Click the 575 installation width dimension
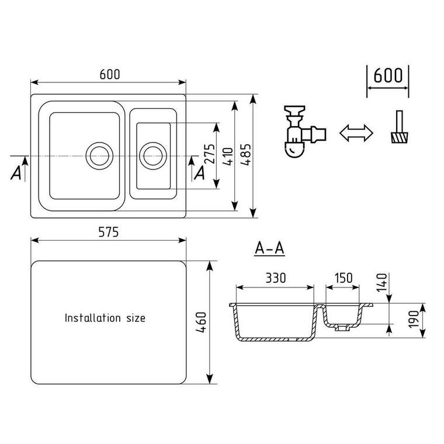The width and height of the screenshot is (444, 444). click(109, 232)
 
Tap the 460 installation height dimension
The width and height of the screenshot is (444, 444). click(202, 322)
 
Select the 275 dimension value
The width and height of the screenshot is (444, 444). click(210, 154)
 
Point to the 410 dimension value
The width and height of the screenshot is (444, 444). click(228, 157)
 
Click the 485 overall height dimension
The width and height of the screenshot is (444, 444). click(245, 155)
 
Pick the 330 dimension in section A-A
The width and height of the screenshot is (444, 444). click(276, 278)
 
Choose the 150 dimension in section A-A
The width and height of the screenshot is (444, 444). click(344, 278)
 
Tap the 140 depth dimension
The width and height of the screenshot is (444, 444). click(381, 282)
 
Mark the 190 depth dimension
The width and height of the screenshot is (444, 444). click(414, 320)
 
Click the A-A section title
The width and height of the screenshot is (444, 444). click(269, 249)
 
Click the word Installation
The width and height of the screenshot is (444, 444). click(92, 318)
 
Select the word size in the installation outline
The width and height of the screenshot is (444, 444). click(136, 318)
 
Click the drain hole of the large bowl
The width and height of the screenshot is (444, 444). click(99, 156)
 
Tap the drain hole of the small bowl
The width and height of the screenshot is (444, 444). click(153, 156)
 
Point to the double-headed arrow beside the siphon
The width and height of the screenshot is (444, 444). click(356, 133)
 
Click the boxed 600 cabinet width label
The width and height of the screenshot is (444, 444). click(388, 75)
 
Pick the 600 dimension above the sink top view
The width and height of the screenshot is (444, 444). click(110, 74)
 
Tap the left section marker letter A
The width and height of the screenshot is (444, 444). click(16, 173)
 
